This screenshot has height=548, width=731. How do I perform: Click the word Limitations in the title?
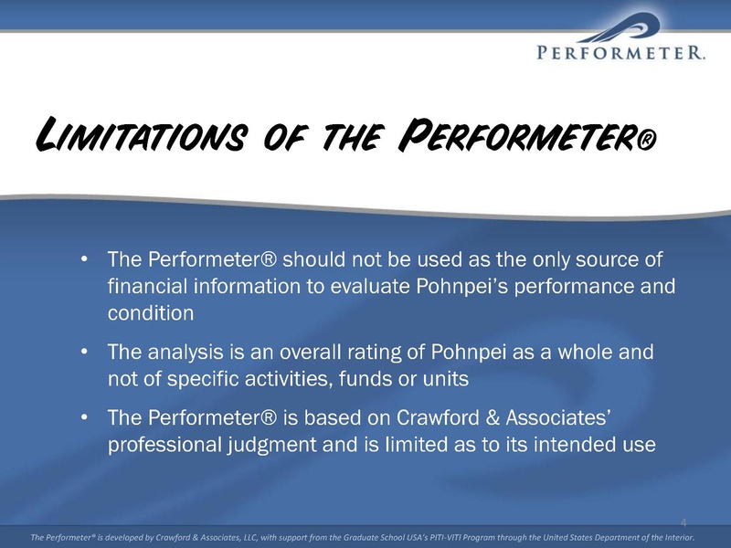pos(140,133)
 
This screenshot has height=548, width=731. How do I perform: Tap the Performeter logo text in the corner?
pos(620,52)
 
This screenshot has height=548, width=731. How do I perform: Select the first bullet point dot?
pos(84,258)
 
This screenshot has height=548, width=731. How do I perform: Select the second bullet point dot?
pos(84,351)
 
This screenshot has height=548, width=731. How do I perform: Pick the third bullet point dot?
pos(84,416)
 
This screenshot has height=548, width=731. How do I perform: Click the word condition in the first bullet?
pos(151,313)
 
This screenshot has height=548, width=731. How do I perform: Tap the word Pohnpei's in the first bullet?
pos(461,287)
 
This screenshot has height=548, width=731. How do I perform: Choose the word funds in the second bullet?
pos(365,378)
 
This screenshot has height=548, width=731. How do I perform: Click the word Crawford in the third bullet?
pos(438,417)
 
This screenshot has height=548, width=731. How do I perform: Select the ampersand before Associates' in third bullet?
pos(493,417)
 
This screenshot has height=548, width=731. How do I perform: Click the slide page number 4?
pos(683,522)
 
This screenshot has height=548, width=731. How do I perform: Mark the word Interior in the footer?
pos(679,537)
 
